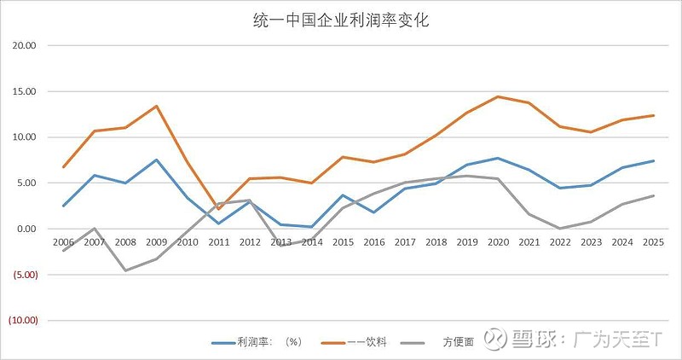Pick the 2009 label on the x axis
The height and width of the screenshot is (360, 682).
156,242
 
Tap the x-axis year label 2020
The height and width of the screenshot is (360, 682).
498,242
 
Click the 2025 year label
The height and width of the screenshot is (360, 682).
654,242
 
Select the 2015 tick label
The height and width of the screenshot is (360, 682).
343,242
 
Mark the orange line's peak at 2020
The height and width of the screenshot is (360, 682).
498,96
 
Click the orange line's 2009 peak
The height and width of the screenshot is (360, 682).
156,106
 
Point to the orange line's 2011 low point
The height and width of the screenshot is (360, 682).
218,209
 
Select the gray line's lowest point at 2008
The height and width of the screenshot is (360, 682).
125,270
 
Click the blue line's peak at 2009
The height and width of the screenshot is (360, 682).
156,160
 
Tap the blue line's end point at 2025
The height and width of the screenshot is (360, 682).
654,160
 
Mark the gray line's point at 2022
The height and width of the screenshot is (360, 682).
560,229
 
